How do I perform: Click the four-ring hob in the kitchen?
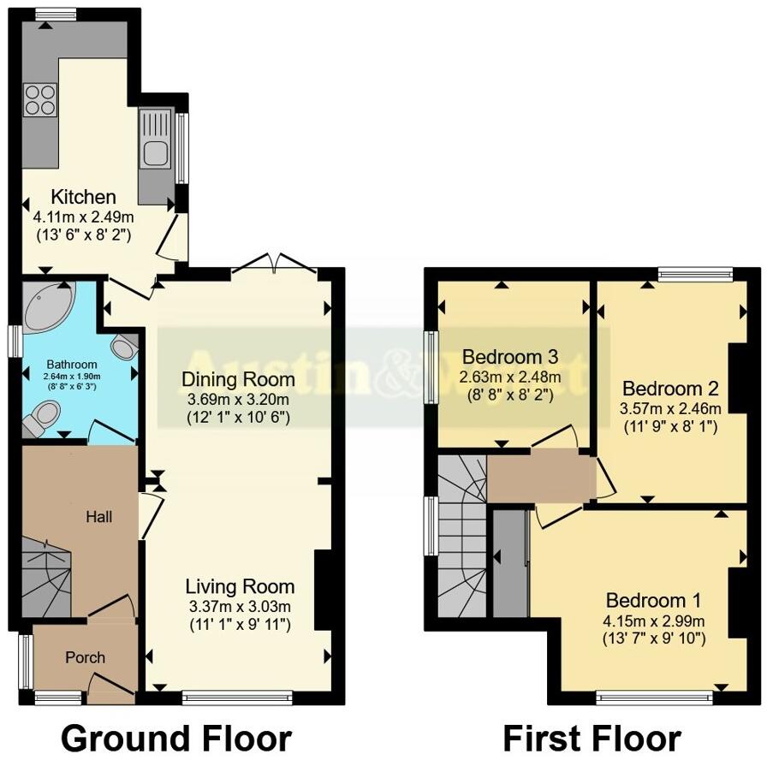click(x=39, y=100)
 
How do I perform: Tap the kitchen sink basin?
click(x=157, y=153)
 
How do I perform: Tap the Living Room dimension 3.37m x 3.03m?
click(x=240, y=607)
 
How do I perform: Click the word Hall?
click(x=98, y=517)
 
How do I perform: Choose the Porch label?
click(x=86, y=657)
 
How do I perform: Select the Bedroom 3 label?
click(x=511, y=357)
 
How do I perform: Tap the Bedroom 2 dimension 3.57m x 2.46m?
click(x=670, y=408)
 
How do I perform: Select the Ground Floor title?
click(x=176, y=737)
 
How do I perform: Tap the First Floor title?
click(x=592, y=737)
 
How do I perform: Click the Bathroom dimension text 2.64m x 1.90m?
click(x=73, y=377)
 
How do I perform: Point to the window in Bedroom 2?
click(x=695, y=274)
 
